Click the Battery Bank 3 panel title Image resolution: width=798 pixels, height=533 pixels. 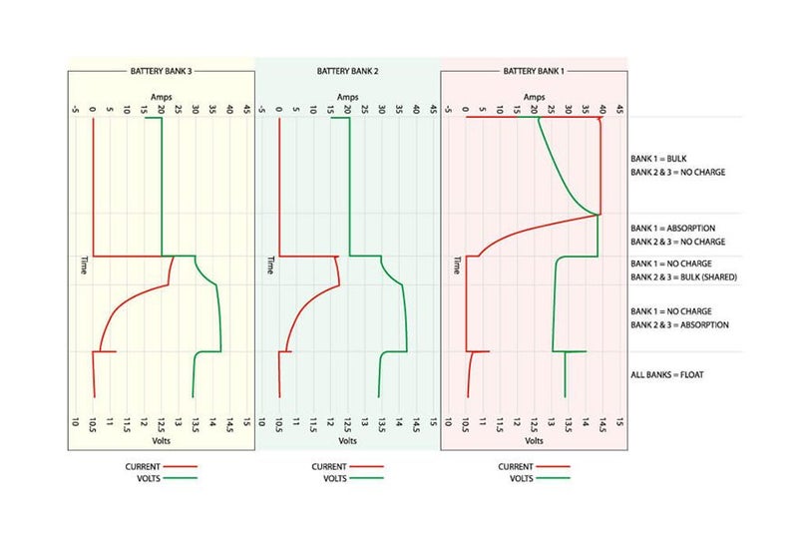(x=161, y=72)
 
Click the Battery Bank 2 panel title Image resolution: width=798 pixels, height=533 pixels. (x=347, y=72)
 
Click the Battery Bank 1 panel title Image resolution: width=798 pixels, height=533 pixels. (x=533, y=72)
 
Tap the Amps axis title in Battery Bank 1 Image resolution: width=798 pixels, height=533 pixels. (x=534, y=97)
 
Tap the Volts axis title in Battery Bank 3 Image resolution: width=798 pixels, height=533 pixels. (x=161, y=440)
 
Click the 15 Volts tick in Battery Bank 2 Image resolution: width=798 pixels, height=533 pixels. (x=434, y=422)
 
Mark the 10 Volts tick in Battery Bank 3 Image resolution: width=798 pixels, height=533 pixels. (x=75, y=422)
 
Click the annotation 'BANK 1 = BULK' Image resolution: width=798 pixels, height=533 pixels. (x=658, y=159)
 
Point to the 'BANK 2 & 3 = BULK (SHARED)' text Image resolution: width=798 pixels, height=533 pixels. (x=683, y=276)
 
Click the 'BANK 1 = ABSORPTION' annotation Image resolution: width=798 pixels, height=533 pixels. (x=672, y=229)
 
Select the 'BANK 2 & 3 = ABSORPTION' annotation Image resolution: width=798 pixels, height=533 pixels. (x=679, y=324)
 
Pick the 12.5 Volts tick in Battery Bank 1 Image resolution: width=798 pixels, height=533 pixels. (x=534, y=422)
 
